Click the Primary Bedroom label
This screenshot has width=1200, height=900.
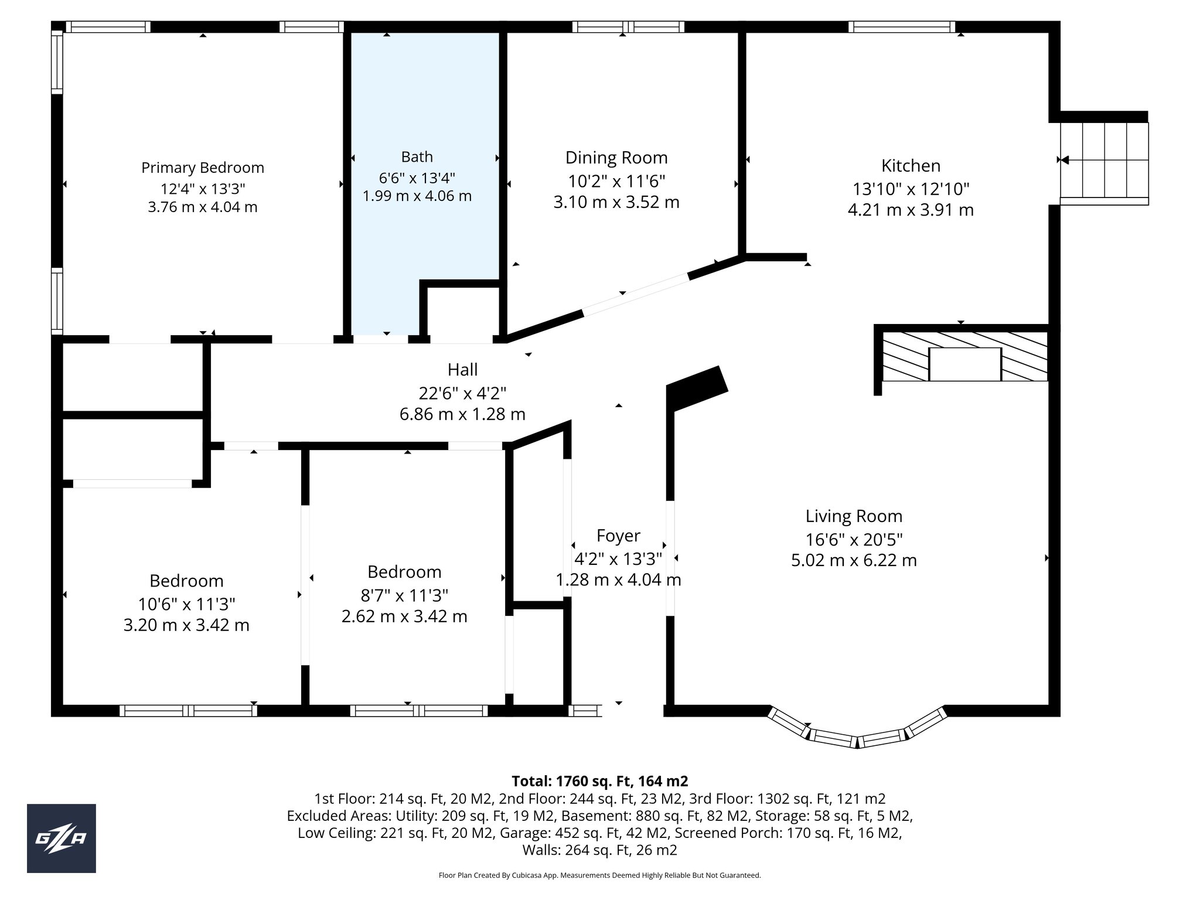pos(203,168)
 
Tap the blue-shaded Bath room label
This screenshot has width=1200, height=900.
pos(417,156)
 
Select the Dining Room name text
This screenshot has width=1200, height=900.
pos(616,158)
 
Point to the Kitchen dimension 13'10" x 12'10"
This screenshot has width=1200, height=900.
pos(911,189)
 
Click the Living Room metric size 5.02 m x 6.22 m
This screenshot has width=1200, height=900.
pos(854,560)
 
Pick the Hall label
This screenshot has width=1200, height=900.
pos(462,370)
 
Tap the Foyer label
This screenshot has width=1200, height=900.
pos(618,536)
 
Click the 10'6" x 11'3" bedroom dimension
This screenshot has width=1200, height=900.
pos(186,604)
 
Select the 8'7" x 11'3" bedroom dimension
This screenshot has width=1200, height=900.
pos(404,595)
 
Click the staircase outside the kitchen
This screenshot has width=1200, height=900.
pos(1104,162)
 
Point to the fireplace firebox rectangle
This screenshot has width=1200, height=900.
pos(965,364)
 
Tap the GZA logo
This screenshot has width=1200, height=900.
pos(62,838)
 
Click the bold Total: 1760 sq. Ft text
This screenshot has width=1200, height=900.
pos(599,781)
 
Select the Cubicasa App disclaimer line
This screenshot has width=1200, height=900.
pos(599,875)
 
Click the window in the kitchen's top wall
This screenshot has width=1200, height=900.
pos(901,26)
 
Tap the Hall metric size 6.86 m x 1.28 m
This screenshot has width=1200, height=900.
pos(462,414)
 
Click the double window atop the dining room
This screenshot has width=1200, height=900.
pos(628,26)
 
